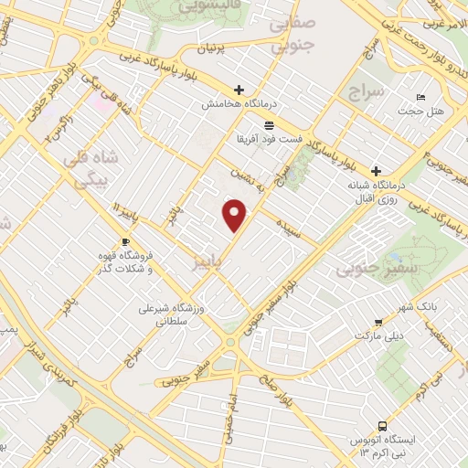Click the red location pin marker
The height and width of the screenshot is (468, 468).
236,215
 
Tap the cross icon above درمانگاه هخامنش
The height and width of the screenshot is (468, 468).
239,90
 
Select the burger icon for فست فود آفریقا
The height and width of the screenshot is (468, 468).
268,125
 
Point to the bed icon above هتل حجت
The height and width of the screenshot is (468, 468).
420,97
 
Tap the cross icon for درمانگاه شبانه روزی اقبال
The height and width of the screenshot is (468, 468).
376,171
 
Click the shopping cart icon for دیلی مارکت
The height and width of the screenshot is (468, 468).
378,323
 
